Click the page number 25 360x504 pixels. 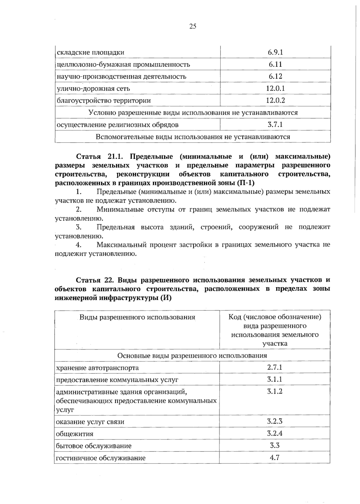pos(193,26)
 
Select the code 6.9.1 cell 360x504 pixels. pos(275,52)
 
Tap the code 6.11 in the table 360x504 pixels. pos(275,64)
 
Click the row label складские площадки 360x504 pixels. pos(90,53)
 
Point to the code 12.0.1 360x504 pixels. pos(275,88)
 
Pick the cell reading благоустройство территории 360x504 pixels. pos(103,101)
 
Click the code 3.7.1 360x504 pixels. pos(275,124)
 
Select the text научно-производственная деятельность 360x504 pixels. pos(121,77)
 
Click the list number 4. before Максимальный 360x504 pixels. pos(79,245)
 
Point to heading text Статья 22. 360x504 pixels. pos(94,280)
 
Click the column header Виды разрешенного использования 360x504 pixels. pos(137,317)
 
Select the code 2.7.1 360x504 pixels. pos(275,367)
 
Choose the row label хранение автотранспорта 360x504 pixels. pos(97,368)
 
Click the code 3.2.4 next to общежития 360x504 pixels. pos(275,433)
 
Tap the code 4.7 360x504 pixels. pos(275,457)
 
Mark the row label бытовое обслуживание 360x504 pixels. pos(94,446)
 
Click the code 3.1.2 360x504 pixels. pos(275,391)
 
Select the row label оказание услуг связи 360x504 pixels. pos(90,422)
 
